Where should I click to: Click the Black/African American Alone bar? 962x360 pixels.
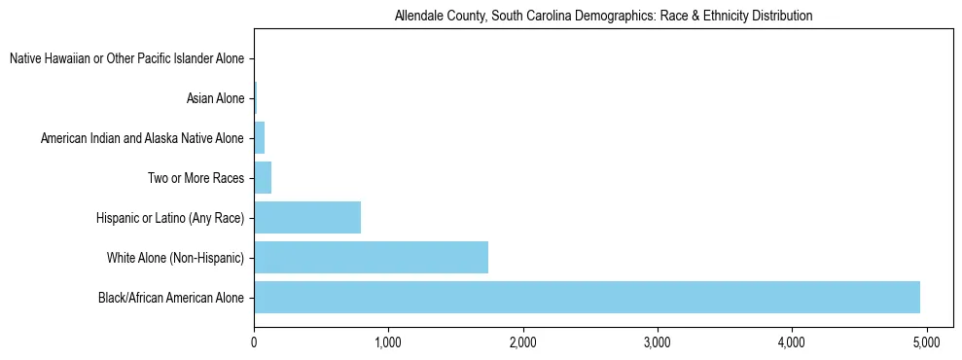click(587, 297)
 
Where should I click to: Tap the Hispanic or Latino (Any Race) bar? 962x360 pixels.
click(307, 217)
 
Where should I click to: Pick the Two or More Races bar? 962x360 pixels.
click(263, 178)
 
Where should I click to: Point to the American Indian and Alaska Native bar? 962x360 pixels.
click(259, 138)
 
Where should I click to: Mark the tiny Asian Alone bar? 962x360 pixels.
click(255, 98)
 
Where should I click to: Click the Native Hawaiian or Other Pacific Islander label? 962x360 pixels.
click(126, 59)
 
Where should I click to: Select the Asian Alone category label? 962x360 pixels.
click(215, 98)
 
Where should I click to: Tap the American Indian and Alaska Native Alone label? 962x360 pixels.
click(142, 138)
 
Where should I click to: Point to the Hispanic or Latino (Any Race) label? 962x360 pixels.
click(170, 217)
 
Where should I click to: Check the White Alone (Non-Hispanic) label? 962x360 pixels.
click(175, 257)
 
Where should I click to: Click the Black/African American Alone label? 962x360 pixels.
click(170, 297)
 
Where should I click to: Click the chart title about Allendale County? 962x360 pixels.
click(603, 16)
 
